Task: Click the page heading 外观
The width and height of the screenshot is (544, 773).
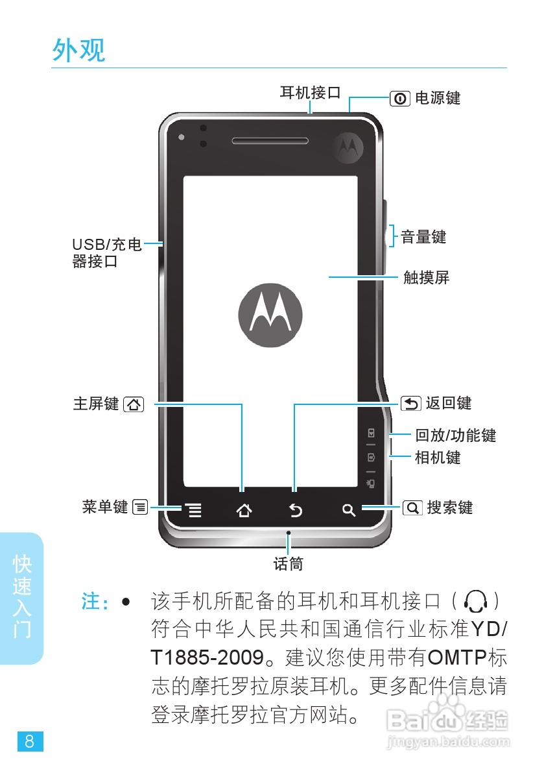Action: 78,50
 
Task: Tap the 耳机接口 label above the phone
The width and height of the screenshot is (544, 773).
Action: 310,93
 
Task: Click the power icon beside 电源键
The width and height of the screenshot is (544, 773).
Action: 400,99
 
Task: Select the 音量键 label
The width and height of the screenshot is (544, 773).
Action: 423,237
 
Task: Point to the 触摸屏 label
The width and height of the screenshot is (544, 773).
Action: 426,278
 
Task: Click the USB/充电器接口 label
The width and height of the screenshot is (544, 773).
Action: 106,253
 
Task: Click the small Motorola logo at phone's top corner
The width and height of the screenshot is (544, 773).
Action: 348,149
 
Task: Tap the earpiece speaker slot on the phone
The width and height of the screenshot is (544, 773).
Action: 270,141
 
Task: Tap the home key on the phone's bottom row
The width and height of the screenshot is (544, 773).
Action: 244,511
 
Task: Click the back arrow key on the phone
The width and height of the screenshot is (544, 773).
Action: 296,511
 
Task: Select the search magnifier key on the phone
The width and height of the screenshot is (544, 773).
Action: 349,511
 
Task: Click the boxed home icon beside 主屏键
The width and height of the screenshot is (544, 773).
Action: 133,404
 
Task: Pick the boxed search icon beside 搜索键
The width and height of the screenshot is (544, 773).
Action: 412,508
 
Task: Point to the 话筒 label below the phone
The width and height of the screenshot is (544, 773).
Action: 288,563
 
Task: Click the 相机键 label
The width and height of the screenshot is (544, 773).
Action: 438,457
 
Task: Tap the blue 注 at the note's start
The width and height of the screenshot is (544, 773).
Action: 89,601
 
